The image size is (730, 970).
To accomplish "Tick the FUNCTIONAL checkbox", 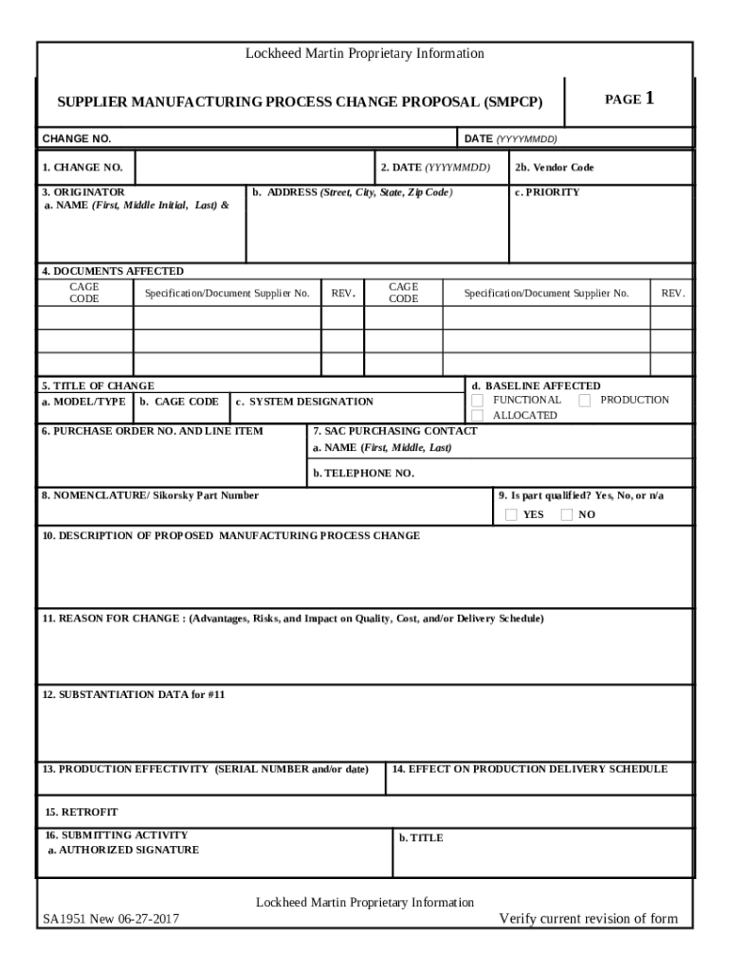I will [478, 400].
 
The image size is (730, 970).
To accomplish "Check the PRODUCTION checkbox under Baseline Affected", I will [585, 400].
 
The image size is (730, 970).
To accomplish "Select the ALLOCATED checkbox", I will [478, 416].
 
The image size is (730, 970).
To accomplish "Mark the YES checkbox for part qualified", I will [511, 515].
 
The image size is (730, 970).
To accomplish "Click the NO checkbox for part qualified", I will [566, 515].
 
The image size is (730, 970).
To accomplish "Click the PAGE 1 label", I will [630, 99].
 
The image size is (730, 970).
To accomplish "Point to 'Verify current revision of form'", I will [589, 918].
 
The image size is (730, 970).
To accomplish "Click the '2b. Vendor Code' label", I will [555, 168].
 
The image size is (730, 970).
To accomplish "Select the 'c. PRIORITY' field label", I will [548, 192].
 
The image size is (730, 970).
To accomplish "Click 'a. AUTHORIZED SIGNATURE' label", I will [123, 850].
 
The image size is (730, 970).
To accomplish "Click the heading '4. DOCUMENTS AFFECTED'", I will [113, 271].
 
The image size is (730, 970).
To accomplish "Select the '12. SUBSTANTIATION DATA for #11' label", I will [134, 694].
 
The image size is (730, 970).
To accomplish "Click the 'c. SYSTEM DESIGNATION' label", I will [304, 402].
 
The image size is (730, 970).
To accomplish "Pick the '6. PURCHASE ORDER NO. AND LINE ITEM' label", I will [153, 431].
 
